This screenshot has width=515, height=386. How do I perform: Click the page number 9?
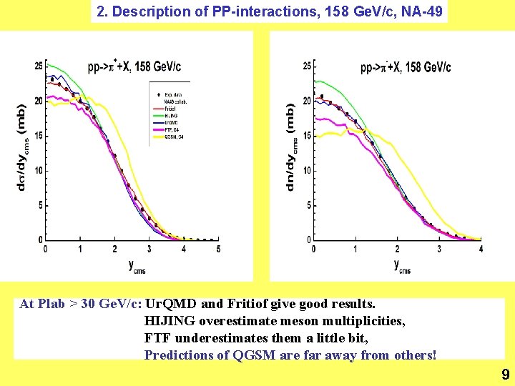tap(505, 374)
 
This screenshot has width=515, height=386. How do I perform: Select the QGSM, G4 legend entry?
tap(174, 137)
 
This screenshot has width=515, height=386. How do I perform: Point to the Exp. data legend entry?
tap(173, 94)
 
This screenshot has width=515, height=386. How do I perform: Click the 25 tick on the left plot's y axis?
tap(38, 66)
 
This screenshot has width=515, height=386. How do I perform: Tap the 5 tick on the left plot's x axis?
tap(218, 249)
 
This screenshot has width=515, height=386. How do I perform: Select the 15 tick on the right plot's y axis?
tap(306, 136)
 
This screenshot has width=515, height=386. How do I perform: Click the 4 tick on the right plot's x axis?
tap(481, 249)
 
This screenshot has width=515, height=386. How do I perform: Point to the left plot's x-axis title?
tap(137, 266)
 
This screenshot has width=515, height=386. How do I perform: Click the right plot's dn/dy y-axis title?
tap(291, 149)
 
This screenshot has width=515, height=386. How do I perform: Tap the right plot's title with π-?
tap(405, 68)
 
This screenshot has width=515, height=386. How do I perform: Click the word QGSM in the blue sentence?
tap(252, 355)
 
